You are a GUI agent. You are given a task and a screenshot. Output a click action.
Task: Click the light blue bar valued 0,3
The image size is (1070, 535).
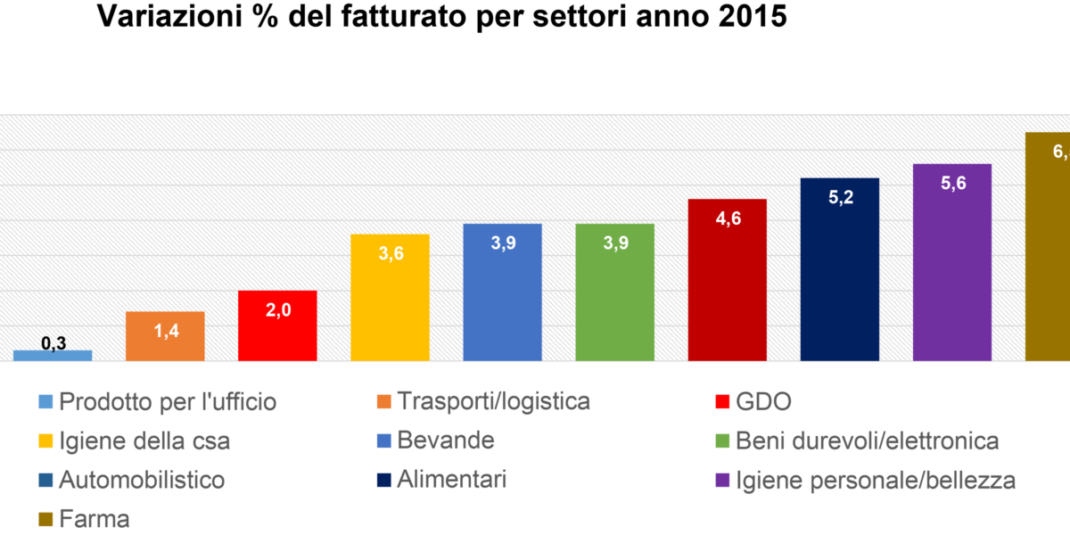coord(53,355)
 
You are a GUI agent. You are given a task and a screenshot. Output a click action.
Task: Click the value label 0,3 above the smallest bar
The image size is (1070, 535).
coord(54,343)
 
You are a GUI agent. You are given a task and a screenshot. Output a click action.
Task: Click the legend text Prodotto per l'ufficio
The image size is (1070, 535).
coord(168,402)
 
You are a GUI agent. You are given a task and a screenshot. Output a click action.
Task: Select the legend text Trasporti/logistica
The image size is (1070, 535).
coord(494,402)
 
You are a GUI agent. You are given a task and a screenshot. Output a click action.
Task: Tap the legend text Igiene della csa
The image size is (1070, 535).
coord(144,440)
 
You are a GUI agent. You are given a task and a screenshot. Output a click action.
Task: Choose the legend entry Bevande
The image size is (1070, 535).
coord(446,440)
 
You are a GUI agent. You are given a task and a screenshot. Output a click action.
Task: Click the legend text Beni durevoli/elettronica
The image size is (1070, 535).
coord(867,440)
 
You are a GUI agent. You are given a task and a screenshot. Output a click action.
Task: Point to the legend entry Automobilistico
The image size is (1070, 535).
coord(142,480)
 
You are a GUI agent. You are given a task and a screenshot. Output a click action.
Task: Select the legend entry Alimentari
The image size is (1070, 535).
coord(452,480)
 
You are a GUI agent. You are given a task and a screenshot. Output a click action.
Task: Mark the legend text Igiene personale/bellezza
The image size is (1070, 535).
coord(875,480)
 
